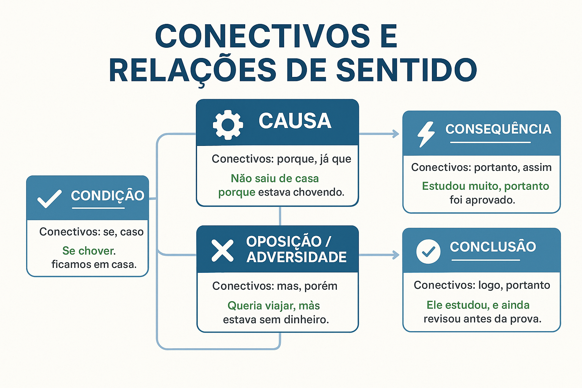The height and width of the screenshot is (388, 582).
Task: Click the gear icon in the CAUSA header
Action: (228, 124)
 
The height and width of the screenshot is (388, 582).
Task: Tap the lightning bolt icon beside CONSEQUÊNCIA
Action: (426, 134)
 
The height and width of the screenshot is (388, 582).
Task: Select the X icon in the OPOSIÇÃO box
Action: (222, 250)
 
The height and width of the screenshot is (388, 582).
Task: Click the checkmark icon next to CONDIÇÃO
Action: (49, 199)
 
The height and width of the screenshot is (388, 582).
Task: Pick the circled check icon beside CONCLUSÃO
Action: (428, 251)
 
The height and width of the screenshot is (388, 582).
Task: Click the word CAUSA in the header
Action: (295, 121)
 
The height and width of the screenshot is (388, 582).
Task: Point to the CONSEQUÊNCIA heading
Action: (498, 129)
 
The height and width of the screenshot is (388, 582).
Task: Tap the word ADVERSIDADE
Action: (296, 257)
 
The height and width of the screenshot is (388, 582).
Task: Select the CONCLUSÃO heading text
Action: (493, 247)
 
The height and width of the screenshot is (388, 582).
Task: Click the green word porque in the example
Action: (236, 192)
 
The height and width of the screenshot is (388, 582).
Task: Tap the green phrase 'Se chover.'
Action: (89, 250)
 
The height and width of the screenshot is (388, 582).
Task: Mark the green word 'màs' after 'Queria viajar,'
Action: (309, 305)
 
